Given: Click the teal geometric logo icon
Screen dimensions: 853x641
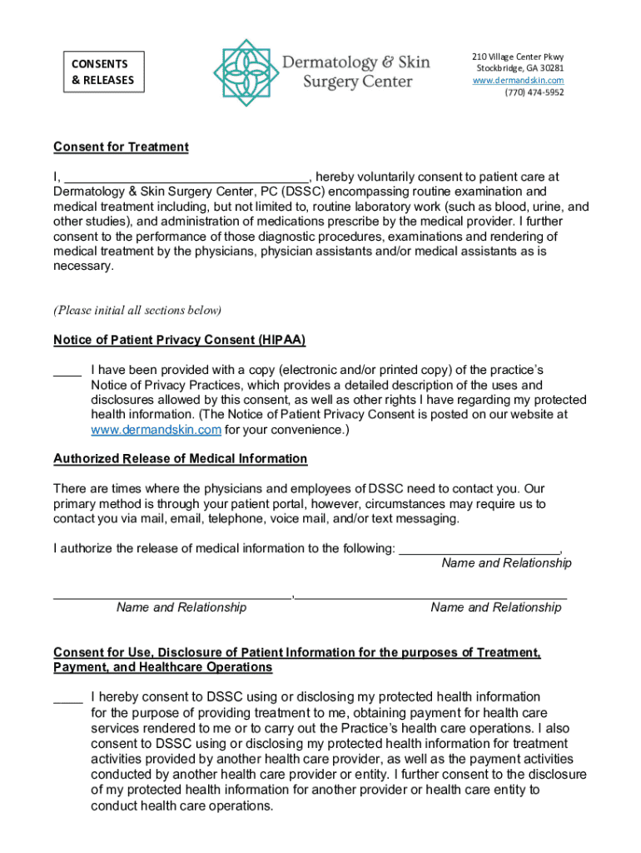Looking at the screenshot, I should (244, 72).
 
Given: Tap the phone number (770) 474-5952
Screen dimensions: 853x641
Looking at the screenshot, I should (534, 92).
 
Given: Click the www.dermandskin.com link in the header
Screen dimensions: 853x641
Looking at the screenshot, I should (519, 80).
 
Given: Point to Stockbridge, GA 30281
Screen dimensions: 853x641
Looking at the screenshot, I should (519, 68).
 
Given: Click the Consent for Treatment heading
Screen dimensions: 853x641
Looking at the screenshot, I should (122, 147).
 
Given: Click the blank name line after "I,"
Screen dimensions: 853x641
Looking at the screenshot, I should (187, 177).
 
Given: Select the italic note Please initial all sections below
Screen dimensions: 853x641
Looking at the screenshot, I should (138, 311).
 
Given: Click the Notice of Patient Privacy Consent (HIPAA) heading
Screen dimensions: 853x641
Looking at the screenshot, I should (180, 340).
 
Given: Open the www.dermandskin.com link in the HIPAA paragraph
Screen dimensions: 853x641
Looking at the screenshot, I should (156, 431).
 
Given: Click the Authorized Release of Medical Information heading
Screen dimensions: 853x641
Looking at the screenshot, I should (181, 459).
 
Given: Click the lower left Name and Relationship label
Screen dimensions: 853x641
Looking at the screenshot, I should (181, 607).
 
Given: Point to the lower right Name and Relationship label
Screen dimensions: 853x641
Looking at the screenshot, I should (496, 607).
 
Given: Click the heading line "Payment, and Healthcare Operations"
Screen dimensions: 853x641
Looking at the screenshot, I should (163, 668).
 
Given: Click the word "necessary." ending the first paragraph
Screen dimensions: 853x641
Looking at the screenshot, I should (82, 267).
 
